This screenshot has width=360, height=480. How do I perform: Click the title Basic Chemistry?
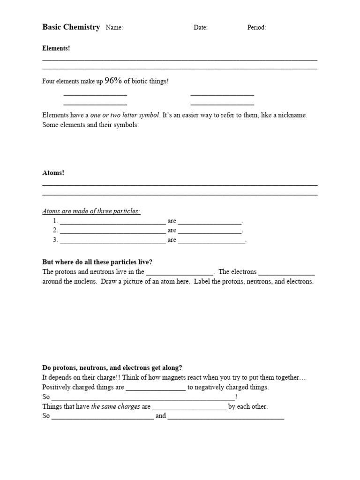click(x=71, y=27)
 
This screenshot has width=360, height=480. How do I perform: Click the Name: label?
click(x=114, y=28)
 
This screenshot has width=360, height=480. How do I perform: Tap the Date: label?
click(x=200, y=28)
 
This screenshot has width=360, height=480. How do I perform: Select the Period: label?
click(x=256, y=28)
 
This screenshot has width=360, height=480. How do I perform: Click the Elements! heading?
click(x=56, y=48)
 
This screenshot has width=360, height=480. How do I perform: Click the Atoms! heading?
click(x=53, y=173)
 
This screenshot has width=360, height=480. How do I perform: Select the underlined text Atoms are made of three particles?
click(x=91, y=211)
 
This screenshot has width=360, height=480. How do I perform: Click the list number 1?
click(x=55, y=221)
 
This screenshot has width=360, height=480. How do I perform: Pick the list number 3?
click(x=55, y=240)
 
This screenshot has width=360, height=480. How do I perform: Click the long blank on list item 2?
click(x=112, y=231)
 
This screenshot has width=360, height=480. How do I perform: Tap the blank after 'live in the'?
click(x=180, y=272)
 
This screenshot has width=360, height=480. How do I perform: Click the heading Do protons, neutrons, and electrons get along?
click(x=112, y=368)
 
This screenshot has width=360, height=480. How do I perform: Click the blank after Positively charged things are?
click(x=156, y=388)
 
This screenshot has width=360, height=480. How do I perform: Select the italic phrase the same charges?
click(x=115, y=406)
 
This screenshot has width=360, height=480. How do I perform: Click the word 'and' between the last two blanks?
click(x=160, y=416)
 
